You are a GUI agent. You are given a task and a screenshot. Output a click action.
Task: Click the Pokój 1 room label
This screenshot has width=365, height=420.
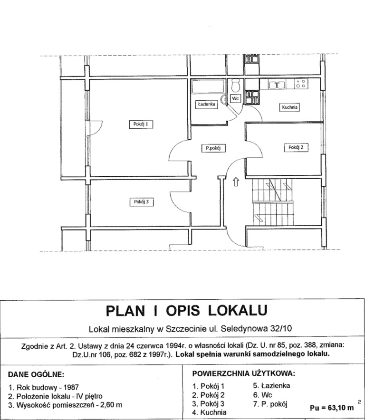click(x=142, y=124)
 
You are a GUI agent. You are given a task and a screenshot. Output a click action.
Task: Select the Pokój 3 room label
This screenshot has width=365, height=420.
click(x=142, y=202)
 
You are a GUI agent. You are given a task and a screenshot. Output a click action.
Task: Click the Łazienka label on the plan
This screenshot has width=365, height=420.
click(x=206, y=104)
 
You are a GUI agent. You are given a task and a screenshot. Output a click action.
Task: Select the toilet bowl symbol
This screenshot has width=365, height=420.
click(x=235, y=86)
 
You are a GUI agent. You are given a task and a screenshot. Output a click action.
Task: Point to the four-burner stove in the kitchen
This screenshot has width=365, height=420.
click(x=300, y=85)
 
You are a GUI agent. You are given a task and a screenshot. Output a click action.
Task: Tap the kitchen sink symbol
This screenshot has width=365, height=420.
click(x=276, y=85)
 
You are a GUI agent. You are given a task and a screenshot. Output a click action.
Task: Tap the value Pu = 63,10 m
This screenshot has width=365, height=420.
click(x=331, y=407)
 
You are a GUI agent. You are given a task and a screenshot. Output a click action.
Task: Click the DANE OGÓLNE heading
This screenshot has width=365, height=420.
click(x=37, y=375)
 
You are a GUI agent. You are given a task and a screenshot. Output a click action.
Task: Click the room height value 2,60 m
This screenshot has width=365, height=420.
click(x=110, y=405)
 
